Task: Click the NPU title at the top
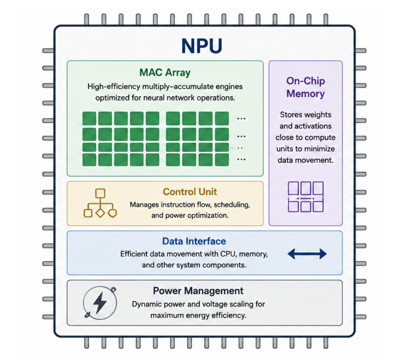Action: (x=202, y=46)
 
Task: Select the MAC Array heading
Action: (x=165, y=72)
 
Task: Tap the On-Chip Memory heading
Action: (x=306, y=87)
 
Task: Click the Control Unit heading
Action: (x=190, y=192)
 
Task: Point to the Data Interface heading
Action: (x=194, y=241)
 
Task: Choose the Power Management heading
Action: (x=198, y=291)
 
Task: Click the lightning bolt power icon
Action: (x=100, y=302)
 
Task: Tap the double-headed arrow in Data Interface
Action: (x=307, y=254)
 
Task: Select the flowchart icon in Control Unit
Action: (x=100, y=203)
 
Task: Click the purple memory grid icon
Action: (x=306, y=196)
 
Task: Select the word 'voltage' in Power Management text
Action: (x=215, y=304)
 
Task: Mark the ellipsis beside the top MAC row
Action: (x=241, y=119)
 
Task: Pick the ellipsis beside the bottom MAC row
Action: (x=241, y=160)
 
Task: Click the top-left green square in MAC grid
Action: (x=89, y=118)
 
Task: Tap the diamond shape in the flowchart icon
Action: (x=100, y=213)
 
